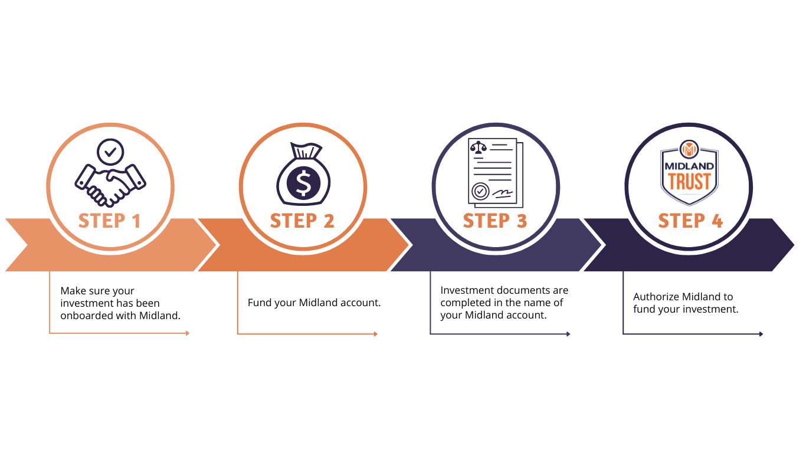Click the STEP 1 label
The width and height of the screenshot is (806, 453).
pyautogui.click(x=109, y=221)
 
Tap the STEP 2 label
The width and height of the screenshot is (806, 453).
pyautogui.click(x=302, y=221)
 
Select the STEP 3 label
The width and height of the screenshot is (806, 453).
pyautogui.click(x=495, y=221)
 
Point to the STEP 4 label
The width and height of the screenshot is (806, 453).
pyautogui.click(x=690, y=221)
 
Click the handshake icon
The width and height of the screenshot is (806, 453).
pyautogui.click(x=110, y=186)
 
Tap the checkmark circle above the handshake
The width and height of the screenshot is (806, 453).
pyautogui.click(x=110, y=152)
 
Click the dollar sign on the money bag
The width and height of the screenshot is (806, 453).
pyautogui.click(x=303, y=183)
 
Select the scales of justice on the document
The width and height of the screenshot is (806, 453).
pyautogui.click(x=478, y=147)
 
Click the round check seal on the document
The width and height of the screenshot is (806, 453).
pyautogui.click(x=480, y=192)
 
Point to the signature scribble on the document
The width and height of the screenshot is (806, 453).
pyautogui.click(x=502, y=194)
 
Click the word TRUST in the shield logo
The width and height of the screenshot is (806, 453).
pyautogui.click(x=689, y=181)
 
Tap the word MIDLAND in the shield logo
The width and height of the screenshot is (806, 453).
pyautogui.click(x=689, y=166)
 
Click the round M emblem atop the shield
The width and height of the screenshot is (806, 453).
pyautogui.click(x=689, y=149)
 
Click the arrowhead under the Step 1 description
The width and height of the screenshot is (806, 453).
pyautogui.click(x=188, y=333)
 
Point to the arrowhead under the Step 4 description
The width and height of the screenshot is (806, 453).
pyautogui.click(x=761, y=334)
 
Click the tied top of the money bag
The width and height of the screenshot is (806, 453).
pyautogui.click(x=306, y=150)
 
